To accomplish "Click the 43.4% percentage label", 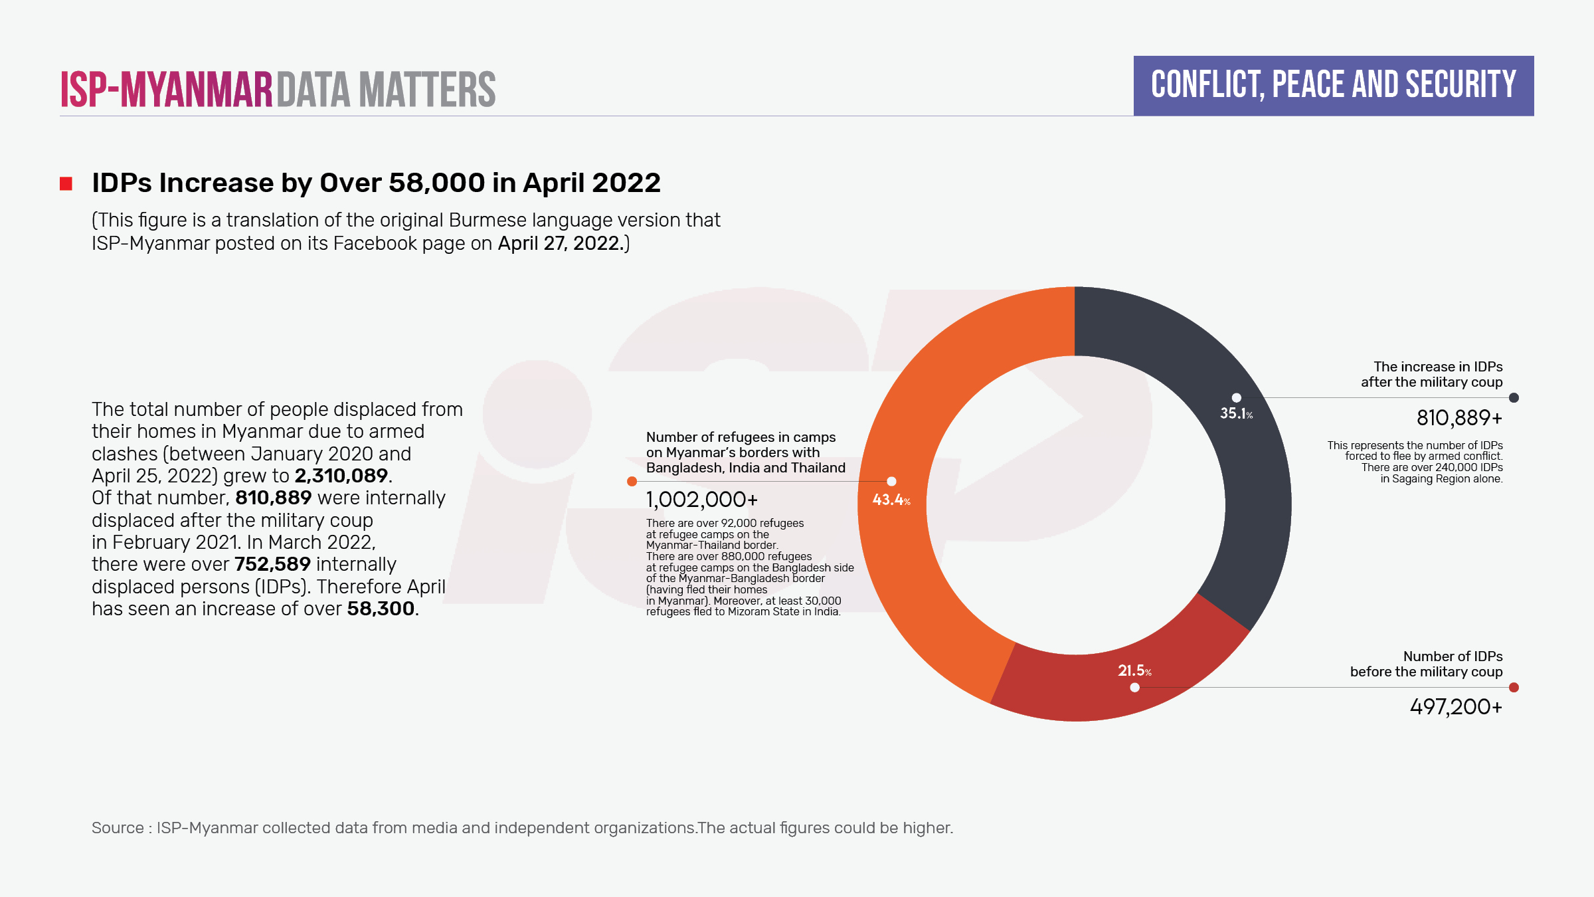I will [x=891, y=500].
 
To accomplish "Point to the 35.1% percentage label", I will [x=1236, y=413].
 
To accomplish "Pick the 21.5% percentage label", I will [x=1134, y=671].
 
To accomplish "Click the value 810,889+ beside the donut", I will [x=1459, y=418].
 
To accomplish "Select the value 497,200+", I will [x=1456, y=707].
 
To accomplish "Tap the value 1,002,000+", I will [x=701, y=500].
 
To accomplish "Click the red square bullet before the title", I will [x=66, y=184].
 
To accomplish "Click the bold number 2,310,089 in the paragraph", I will [x=341, y=476].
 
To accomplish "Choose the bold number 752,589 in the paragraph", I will [x=272, y=564].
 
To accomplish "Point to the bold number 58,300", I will [x=381, y=609].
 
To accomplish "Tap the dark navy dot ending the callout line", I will [x=1514, y=398].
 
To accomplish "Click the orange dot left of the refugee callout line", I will [x=632, y=482].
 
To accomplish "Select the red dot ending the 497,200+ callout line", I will [x=1514, y=688].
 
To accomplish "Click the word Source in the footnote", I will [x=118, y=828].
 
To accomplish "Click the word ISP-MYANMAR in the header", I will [x=167, y=90].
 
